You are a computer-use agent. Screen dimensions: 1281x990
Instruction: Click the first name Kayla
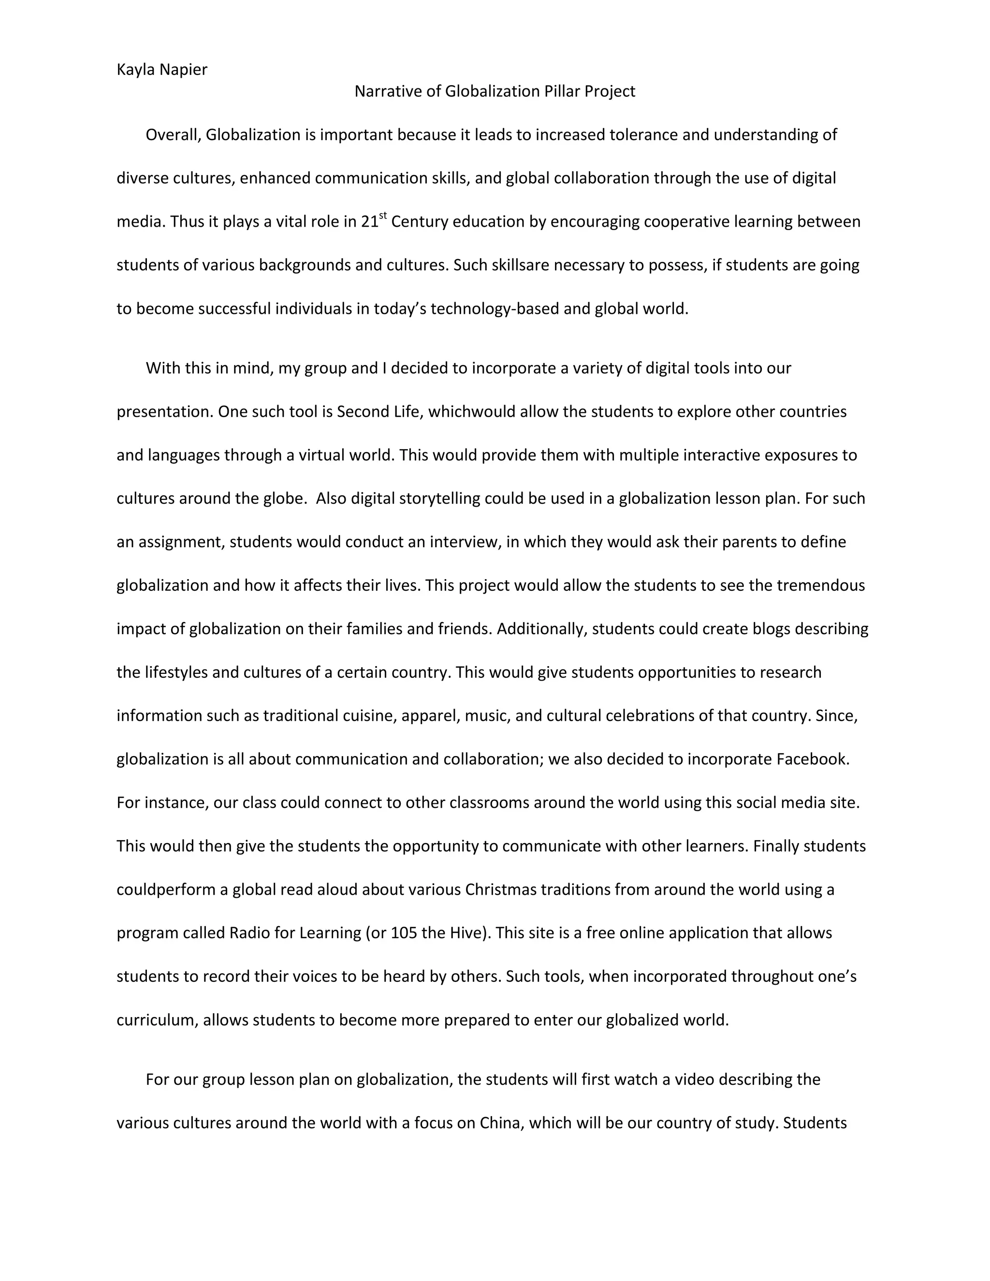tap(136, 70)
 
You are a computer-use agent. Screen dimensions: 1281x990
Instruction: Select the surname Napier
tap(184, 70)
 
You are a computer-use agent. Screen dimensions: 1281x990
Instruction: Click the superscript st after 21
tap(383, 216)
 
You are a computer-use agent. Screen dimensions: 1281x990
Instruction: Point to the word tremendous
tap(820, 585)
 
